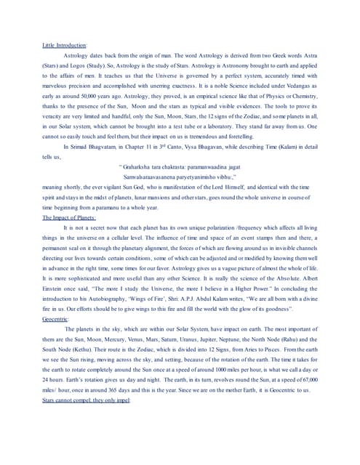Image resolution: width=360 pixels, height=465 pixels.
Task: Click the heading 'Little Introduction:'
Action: [65, 45]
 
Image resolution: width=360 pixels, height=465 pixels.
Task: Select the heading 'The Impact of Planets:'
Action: [69, 197]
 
